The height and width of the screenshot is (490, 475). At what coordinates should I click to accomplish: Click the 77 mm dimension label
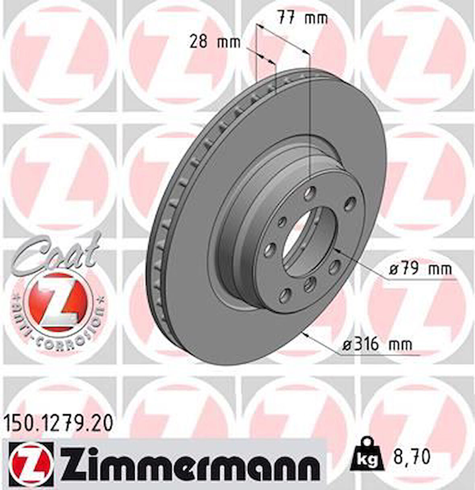click(302, 18)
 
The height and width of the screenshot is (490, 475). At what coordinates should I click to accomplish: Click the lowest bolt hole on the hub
click(285, 295)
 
